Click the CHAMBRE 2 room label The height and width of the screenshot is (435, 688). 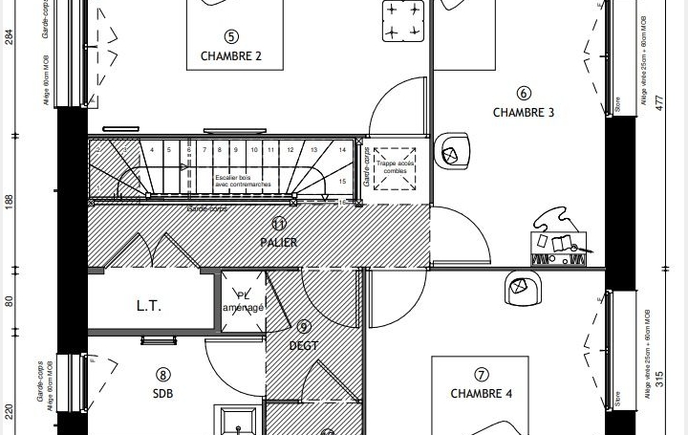tap(230, 56)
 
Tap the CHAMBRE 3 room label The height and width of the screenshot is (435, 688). tap(523, 113)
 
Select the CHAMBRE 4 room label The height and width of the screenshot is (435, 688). tap(481, 394)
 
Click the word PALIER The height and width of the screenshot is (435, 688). tap(279, 243)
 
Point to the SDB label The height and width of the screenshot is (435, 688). tap(162, 394)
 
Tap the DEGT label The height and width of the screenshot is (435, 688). tap(303, 346)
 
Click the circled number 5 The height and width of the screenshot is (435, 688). tap(230, 36)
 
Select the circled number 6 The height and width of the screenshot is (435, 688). tap(523, 94)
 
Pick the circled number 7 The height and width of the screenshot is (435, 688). tap(481, 375)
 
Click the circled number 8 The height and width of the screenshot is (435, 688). tap(162, 375)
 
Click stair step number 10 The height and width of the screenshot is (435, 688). tap(254, 150)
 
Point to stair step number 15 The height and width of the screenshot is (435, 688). tap(342, 181)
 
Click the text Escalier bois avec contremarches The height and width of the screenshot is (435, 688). tap(243, 181)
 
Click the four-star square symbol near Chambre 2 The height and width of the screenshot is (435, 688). tap(403, 21)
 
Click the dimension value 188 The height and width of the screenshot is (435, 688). tap(9, 202)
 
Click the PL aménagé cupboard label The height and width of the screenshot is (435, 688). tap(243, 302)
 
